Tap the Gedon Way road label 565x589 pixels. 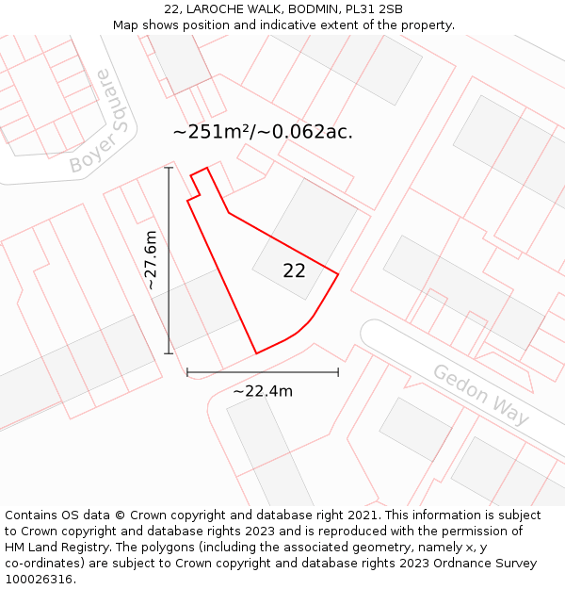pos(480,394)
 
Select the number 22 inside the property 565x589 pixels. pos(294,270)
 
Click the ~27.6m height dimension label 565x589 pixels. pos(151,260)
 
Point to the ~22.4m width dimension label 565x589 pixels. pos(263,391)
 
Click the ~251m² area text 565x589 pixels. pos(210,132)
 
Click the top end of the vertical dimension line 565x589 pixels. pos(169,168)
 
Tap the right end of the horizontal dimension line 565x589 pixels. pos(338,372)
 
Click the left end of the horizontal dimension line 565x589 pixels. pos(187,372)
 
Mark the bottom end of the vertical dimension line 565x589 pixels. pos(169,353)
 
